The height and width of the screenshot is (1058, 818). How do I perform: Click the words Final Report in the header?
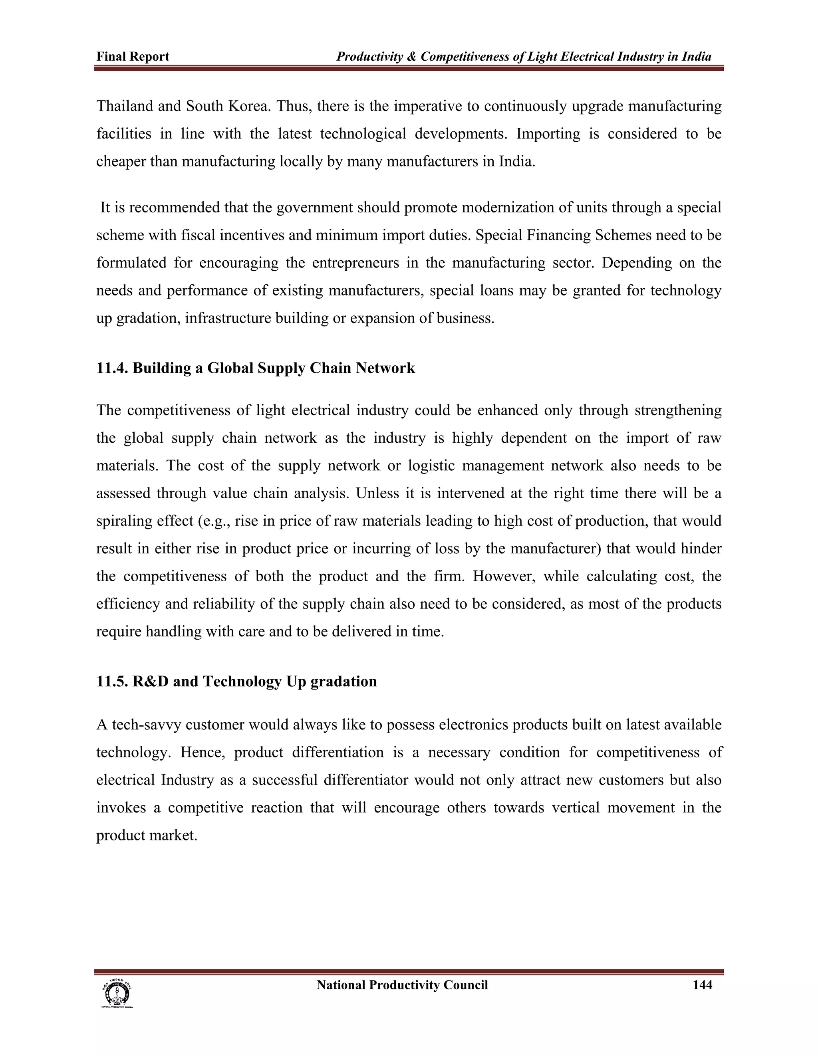click(x=133, y=57)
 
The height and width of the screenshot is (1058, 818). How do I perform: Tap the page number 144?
click(x=702, y=985)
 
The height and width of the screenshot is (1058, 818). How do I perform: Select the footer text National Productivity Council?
click(x=402, y=985)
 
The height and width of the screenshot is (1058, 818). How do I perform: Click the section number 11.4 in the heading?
click(x=112, y=368)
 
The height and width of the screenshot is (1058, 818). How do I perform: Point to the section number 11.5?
click(x=112, y=682)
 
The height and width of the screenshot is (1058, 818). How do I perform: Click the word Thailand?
click(x=125, y=106)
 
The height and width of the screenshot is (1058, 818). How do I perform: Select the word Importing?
click(x=548, y=134)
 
